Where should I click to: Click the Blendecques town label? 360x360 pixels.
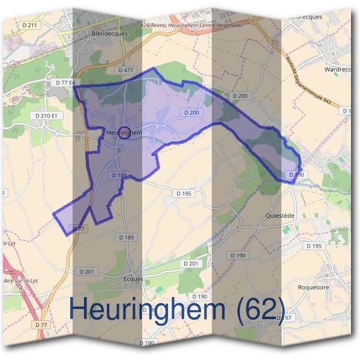(x=109, y=34)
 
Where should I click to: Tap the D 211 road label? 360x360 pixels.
(x=29, y=25)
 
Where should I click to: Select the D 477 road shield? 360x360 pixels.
(x=125, y=70)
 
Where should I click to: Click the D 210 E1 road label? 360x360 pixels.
(x=46, y=115)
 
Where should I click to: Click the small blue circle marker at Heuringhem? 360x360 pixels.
(x=124, y=133)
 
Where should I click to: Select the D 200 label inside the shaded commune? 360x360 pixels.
(x=191, y=113)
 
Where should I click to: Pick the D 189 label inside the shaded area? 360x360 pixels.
(x=118, y=175)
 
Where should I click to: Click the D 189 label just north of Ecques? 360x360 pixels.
(x=127, y=238)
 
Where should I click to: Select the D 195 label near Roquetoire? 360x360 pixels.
(x=314, y=246)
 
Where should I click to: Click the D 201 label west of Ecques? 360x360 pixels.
(x=86, y=272)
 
